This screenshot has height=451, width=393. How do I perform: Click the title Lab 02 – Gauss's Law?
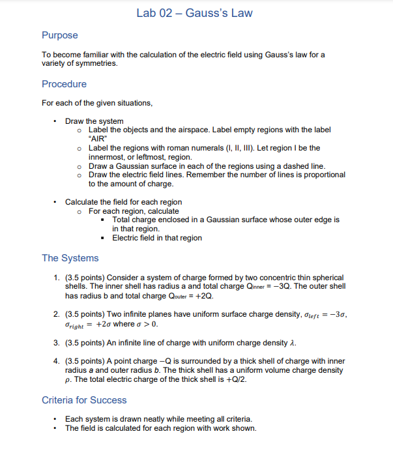click(195, 13)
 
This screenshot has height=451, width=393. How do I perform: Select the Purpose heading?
click(60, 35)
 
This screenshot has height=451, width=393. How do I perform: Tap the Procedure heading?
click(64, 84)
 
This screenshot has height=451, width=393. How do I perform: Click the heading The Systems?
click(70, 257)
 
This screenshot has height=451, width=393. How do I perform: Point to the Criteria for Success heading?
click(84, 400)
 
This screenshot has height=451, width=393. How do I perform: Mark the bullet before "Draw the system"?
click(57, 121)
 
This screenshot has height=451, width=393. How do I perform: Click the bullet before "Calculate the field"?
click(57, 202)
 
